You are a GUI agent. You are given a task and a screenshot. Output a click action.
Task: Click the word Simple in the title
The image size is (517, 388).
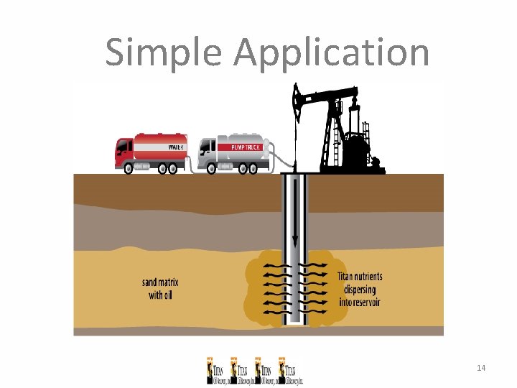164,53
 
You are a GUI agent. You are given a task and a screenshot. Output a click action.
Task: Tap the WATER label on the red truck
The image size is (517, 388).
176,147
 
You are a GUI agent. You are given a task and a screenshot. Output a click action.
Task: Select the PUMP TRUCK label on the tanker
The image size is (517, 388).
245,147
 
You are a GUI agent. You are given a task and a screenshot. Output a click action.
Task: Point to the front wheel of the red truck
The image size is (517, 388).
129,170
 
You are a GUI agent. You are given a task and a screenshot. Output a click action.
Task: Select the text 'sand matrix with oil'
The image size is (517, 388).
157,288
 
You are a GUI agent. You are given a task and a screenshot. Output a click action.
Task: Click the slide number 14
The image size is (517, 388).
481,368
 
